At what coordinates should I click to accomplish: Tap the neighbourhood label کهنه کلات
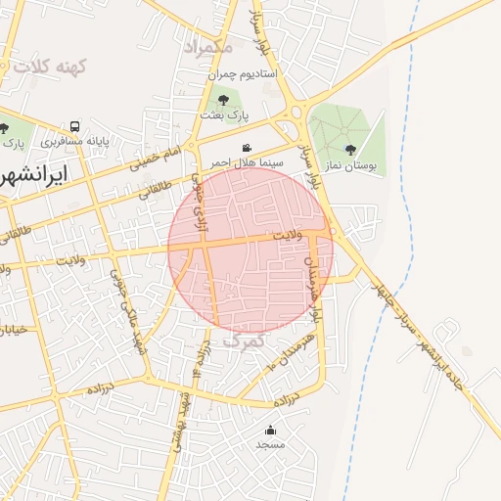pos(45,67)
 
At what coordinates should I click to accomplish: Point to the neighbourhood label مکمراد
pos(206,46)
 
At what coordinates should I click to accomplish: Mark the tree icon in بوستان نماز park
pos(350,150)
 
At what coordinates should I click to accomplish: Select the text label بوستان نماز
pos(351,166)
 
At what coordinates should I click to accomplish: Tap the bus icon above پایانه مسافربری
pos(75,127)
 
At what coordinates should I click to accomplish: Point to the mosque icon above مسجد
pos(270,430)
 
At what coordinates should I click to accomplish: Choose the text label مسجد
pos(270,445)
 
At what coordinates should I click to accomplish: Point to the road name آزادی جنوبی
pos(200,196)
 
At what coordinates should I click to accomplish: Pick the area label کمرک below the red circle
pos(244,341)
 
